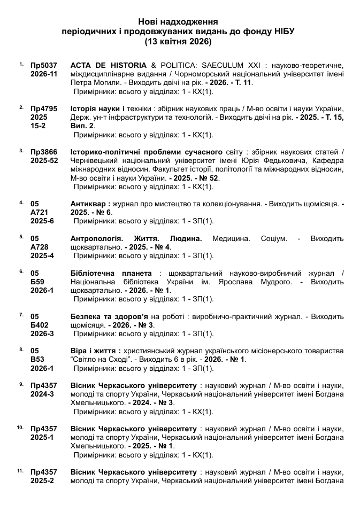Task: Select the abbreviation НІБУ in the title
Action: (x=284, y=32)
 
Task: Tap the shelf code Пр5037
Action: (x=44, y=65)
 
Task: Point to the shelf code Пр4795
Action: (x=44, y=108)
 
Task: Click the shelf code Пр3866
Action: (x=44, y=151)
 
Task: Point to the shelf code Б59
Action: (x=38, y=282)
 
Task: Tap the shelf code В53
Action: (x=38, y=360)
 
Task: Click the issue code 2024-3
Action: (x=42, y=394)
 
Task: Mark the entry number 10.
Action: (x=20, y=428)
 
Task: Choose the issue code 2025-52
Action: (x=44, y=160)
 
